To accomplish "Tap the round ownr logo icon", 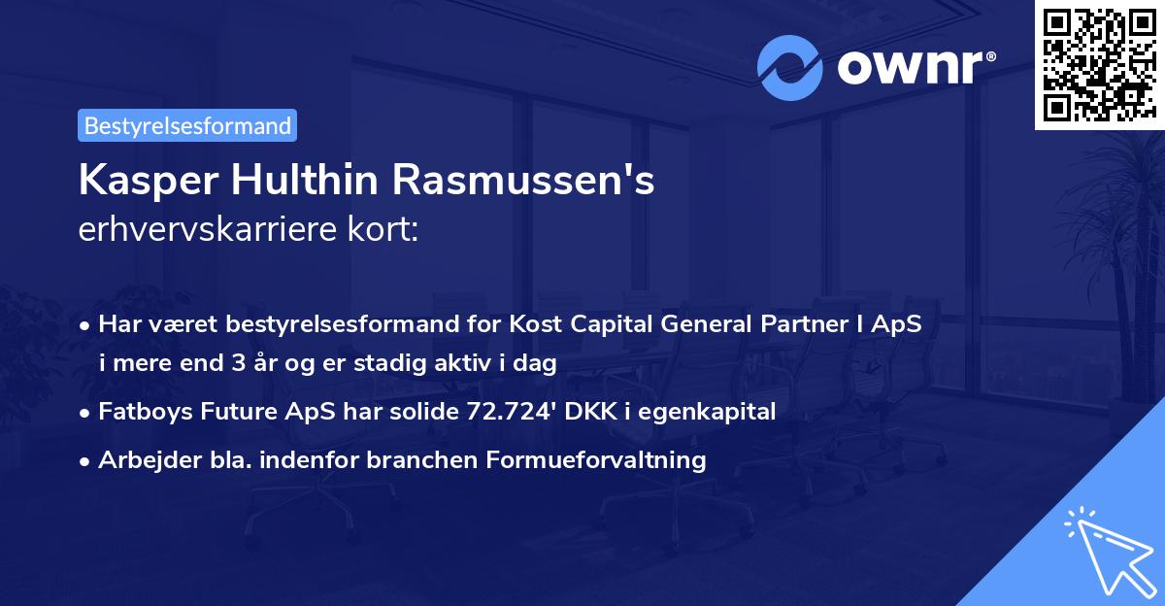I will tap(789, 68).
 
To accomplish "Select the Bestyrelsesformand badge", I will tap(187, 125).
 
